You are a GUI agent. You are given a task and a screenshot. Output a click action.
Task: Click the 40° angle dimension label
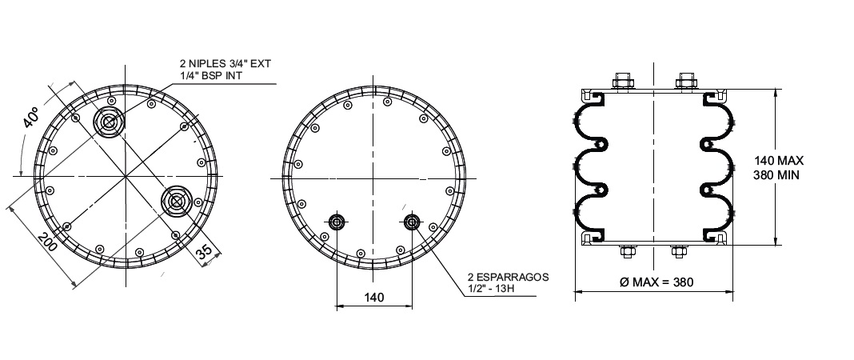click(32, 118)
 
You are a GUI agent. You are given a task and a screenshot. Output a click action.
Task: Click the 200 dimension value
click(47, 242)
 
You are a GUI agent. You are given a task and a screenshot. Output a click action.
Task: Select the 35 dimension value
click(204, 252)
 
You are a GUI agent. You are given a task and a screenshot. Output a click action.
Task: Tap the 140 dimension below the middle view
click(374, 298)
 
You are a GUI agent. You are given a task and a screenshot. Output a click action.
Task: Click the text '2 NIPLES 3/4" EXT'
click(225, 64)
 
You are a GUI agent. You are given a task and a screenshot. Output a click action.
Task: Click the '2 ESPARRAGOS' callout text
click(508, 278)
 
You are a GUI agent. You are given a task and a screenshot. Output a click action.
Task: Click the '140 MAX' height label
click(779, 161)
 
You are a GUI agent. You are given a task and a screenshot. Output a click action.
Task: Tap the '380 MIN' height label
click(776, 175)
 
